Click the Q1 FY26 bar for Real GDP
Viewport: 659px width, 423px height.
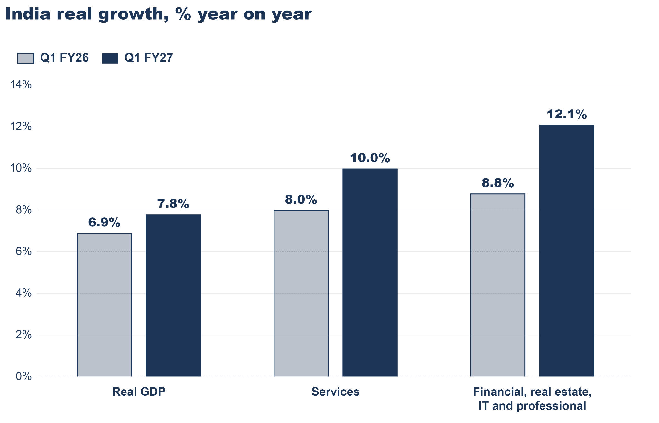click(x=104, y=305)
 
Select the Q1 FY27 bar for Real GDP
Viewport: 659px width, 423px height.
click(x=173, y=295)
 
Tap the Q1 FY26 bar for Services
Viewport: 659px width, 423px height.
click(x=301, y=294)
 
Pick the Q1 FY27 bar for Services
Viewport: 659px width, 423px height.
click(x=370, y=273)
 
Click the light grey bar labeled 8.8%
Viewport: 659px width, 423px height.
click(x=498, y=285)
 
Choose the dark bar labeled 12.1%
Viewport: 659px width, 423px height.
click(x=567, y=251)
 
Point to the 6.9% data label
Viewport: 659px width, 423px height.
click(x=104, y=222)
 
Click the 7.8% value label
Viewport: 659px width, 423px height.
click(x=173, y=204)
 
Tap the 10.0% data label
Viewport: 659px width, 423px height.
click(x=370, y=158)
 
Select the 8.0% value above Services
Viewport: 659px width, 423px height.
click(x=301, y=200)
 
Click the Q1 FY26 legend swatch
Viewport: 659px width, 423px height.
click(x=26, y=58)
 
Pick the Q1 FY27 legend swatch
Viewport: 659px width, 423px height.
click(x=110, y=58)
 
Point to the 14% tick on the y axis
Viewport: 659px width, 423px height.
click(x=21, y=85)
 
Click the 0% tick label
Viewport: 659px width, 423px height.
click(x=23, y=376)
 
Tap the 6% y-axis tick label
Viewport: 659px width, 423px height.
click(x=23, y=251)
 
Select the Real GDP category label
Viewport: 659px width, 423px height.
click(x=139, y=392)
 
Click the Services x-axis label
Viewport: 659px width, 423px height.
click(x=336, y=392)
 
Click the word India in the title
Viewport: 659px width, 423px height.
click(x=28, y=14)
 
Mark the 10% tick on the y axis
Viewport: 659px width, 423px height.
click(x=21, y=168)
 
